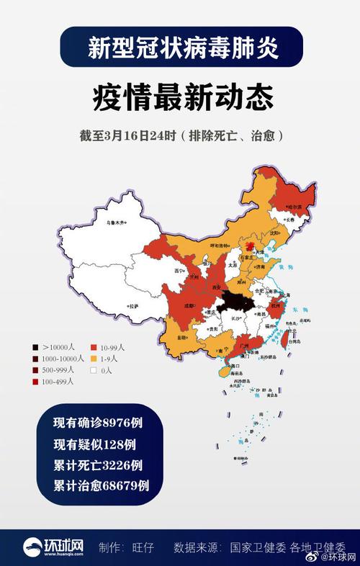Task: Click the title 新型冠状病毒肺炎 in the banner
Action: [x=180, y=48]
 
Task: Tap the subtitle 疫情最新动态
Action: [x=180, y=97]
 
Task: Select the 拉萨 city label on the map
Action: [x=133, y=307]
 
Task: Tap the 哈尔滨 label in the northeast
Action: [x=294, y=207]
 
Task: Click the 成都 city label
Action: [x=188, y=305]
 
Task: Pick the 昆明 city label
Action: [x=183, y=337]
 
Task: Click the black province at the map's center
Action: [x=233, y=302]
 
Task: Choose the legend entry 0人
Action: [x=107, y=370]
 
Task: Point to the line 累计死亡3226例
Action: [x=97, y=464]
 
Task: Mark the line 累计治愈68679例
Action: [x=101, y=485]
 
